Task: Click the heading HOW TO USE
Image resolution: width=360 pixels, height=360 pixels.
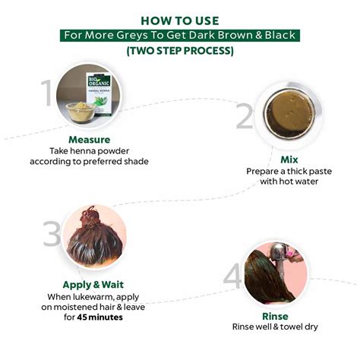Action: click(x=180, y=21)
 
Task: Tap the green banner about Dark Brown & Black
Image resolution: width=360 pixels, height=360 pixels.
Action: click(x=180, y=36)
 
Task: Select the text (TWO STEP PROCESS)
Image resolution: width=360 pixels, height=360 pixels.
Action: click(x=180, y=51)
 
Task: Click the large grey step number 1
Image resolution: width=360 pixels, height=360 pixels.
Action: click(x=47, y=93)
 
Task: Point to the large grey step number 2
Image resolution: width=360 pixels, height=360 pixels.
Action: click(x=244, y=116)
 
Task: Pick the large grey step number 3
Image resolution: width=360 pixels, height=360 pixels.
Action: click(x=52, y=233)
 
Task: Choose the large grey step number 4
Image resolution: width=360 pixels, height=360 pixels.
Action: click(x=232, y=276)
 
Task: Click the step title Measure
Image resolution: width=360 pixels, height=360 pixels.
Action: click(x=90, y=140)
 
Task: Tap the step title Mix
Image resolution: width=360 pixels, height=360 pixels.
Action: click(x=289, y=159)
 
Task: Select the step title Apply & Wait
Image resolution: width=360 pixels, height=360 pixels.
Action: click(x=93, y=285)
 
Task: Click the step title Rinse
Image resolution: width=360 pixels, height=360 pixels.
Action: click(x=275, y=316)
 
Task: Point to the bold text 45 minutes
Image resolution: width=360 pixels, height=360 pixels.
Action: click(x=99, y=317)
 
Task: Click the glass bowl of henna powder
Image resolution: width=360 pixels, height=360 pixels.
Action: click(x=81, y=112)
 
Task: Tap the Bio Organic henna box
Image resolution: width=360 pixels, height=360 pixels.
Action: click(x=99, y=93)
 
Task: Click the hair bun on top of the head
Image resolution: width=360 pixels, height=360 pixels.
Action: click(x=90, y=217)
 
